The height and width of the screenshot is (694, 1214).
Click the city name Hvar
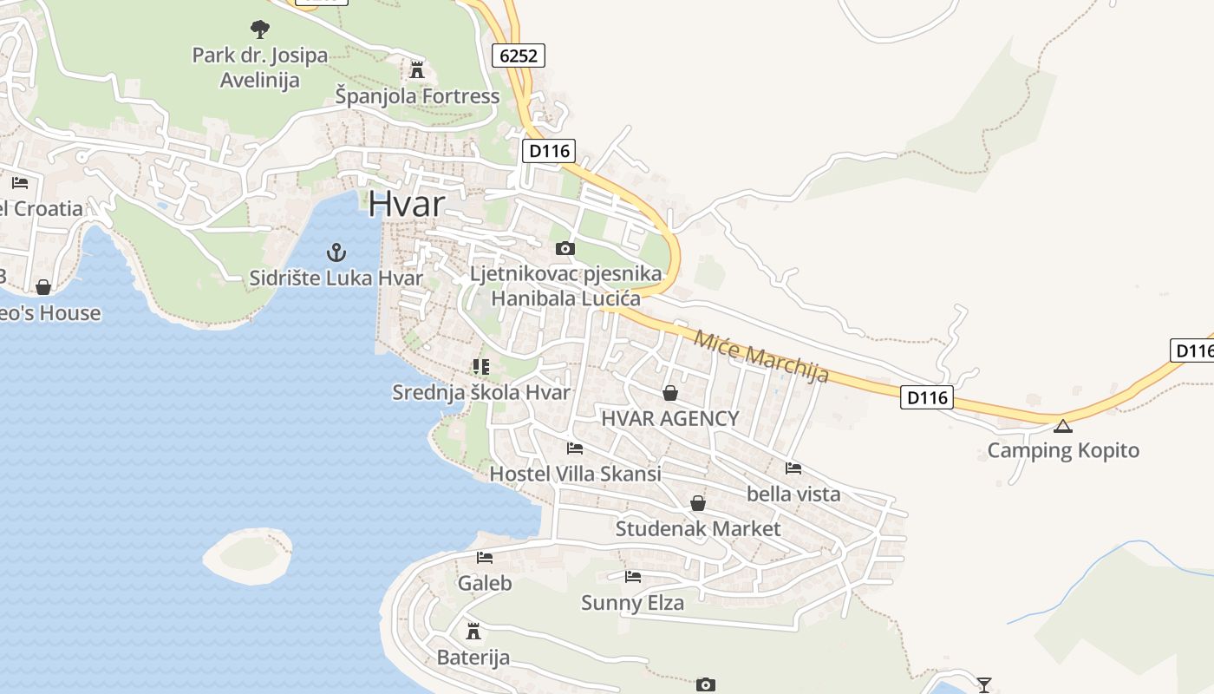[406, 204]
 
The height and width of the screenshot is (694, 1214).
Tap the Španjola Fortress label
[417, 95]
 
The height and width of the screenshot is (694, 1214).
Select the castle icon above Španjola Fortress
[417, 69]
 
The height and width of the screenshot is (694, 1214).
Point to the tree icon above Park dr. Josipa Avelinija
[259, 29]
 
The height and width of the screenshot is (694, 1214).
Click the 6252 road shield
[519, 56]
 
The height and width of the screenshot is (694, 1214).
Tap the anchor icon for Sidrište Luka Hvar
[336, 252]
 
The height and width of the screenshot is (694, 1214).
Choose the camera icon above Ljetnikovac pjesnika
[565, 249]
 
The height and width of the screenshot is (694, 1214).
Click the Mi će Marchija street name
[761, 355]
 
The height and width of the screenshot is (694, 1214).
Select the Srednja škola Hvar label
[481, 392]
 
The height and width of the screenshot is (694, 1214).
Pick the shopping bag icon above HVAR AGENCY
[670, 394]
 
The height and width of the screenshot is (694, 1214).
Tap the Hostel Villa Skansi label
[575, 474]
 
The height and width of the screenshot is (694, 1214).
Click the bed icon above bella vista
[793, 468]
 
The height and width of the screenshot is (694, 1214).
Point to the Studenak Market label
[698, 528]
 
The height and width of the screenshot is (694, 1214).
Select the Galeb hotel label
[485, 583]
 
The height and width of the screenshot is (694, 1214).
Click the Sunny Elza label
[632, 602]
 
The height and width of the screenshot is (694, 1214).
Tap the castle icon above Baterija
[473, 631]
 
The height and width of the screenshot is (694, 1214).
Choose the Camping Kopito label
[1063, 450]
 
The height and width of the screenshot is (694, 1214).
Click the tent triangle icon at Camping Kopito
[1063, 426]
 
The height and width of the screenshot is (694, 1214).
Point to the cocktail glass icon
[984, 684]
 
